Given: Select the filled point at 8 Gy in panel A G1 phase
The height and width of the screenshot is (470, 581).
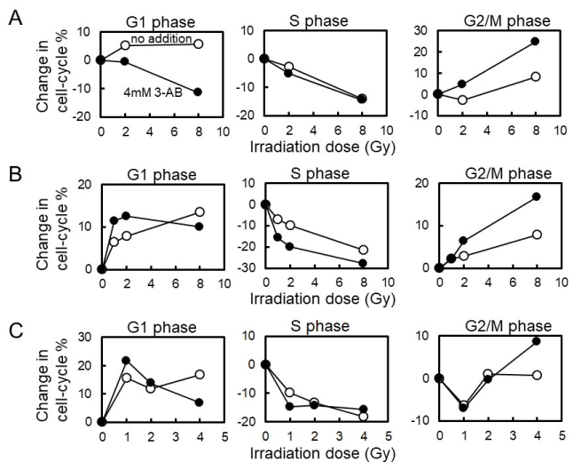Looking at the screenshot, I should [x=199, y=92].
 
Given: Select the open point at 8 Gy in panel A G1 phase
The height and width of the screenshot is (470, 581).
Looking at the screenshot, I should [x=199, y=44].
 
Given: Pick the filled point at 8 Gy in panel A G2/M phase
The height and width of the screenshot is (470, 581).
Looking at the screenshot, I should [x=535, y=41].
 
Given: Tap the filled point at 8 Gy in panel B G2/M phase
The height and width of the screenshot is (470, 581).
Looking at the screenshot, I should [x=536, y=196].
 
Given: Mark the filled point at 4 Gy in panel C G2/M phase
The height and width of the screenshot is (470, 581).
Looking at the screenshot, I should [x=536, y=341].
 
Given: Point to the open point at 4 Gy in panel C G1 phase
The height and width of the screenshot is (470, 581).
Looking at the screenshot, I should [x=200, y=374].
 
